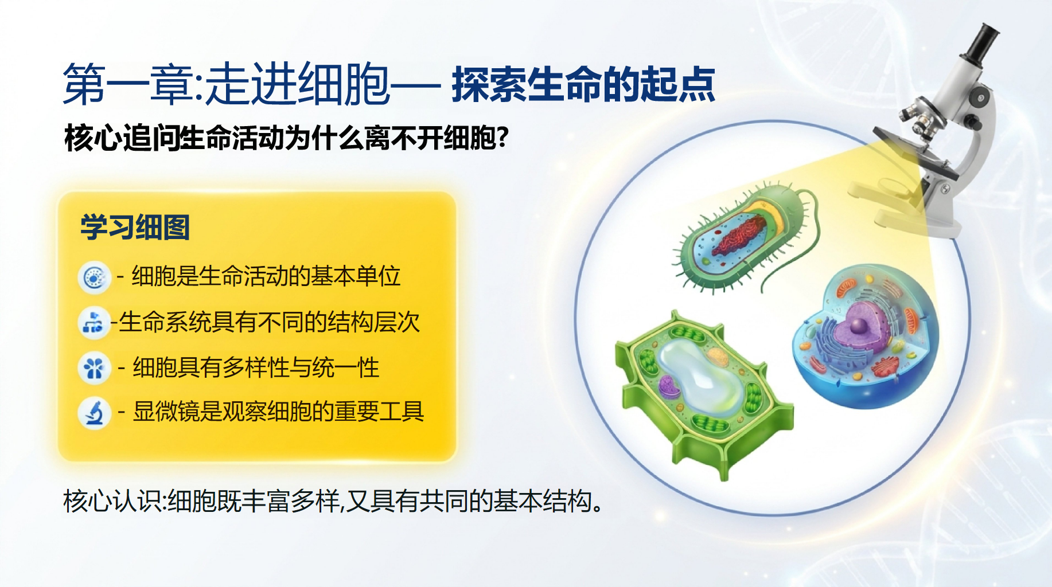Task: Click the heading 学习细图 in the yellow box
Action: click(135, 227)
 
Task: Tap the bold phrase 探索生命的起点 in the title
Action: click(583, 85)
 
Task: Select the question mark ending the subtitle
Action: click(503, 138)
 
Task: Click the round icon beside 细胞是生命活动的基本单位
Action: click(94, 278)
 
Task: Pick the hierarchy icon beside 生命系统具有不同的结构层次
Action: click(93, 323)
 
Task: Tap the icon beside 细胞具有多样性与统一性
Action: click(94, 368)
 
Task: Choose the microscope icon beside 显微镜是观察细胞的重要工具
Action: click(94, 412)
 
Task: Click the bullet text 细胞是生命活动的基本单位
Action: click(266, 276)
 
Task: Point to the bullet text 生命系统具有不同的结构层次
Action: click(270, 322)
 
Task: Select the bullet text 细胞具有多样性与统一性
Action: click(256, 367)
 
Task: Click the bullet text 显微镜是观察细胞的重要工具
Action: click(278, 412)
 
